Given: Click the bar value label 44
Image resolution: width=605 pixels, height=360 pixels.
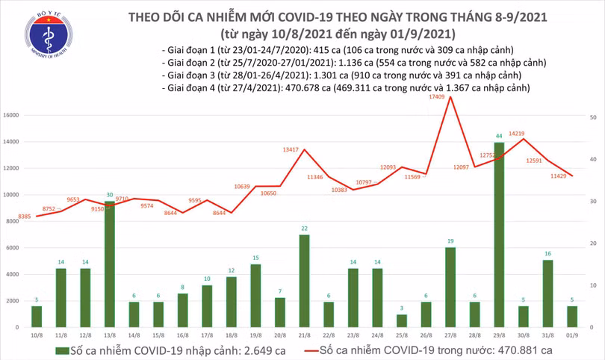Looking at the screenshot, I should click(498, 137).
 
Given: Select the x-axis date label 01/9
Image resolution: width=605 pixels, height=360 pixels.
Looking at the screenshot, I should click(572, 334).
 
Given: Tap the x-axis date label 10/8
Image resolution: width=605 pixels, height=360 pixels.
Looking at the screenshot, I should click(37, 334).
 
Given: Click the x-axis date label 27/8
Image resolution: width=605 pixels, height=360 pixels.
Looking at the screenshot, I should click(450, 334).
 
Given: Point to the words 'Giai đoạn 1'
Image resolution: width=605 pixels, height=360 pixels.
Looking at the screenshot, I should click(187, 49).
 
